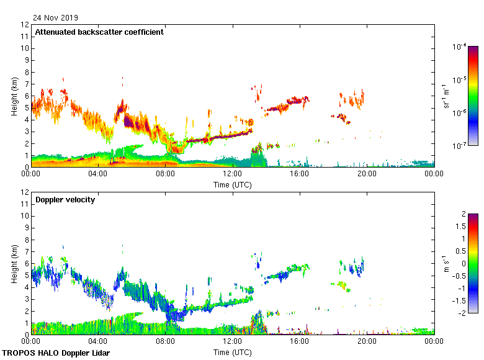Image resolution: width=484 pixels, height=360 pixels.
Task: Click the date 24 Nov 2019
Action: click(x=56, y=17)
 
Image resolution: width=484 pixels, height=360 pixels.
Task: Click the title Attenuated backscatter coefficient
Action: click(x=99, y=32)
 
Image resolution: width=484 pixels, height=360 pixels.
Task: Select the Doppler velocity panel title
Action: click(x=65, y=199)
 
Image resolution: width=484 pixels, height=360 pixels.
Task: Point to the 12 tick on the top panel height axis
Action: click(x=25, y=25)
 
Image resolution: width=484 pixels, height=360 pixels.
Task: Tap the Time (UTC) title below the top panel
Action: click(x=233, y=184)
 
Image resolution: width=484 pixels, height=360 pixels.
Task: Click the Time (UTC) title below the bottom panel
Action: click(x=233, y=352)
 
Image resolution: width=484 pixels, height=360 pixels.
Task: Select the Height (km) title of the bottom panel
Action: click(x=14, y=263)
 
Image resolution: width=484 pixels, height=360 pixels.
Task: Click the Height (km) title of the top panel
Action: click(x=14, y=96)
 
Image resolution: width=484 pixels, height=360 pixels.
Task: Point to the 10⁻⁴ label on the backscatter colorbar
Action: click(x=460, y=46)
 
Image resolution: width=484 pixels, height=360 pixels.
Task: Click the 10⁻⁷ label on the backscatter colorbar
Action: click(x=460, y=146)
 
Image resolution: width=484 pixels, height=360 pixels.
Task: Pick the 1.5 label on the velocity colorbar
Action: click(x=459, y=226)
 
